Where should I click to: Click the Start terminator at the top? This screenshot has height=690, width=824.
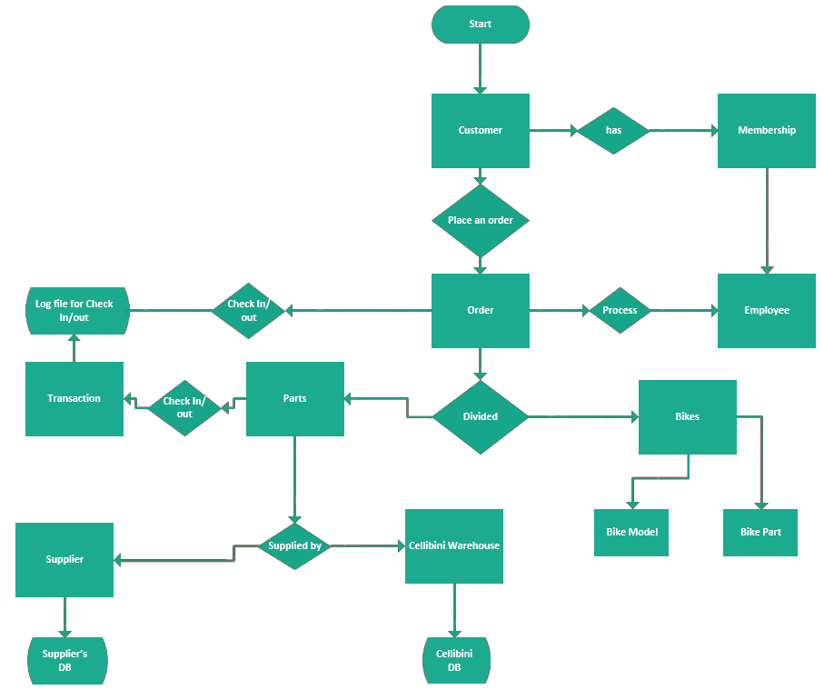(480, 25)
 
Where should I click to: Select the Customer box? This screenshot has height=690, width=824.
(480, 130)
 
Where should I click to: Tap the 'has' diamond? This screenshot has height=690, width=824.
(614, 130)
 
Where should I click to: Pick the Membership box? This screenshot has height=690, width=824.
(766, 130)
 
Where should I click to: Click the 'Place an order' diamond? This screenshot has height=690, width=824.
(480, 220)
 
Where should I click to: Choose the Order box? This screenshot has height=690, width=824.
(480, 310)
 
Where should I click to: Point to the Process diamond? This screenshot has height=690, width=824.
(620, 310)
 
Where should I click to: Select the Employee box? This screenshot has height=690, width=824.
(766, 310)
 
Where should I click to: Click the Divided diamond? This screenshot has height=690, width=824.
(480, 416)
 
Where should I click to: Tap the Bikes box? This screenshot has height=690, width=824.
(687, 416)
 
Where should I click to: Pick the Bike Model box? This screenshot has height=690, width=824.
(631, 532)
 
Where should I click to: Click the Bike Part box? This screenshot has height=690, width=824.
(760, 532)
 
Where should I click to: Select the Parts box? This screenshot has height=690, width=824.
(294, 398)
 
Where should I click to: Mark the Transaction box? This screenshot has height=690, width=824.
(74, 398)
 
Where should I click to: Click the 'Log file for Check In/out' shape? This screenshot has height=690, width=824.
(76, 310)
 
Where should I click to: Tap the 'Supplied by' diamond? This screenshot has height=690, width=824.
(294, 545)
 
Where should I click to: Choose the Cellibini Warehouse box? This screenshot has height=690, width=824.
(453, 545)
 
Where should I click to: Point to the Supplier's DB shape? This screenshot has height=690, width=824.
(65, 661)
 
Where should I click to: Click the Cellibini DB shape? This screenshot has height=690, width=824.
(454, 661)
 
